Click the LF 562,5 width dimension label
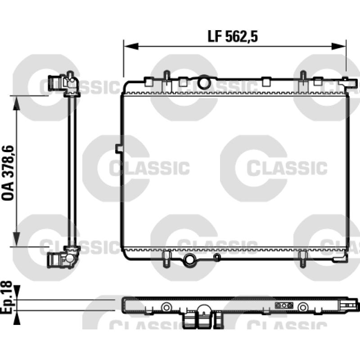pos(233,36)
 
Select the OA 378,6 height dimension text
pos(8,173)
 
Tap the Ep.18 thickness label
pos(6,297)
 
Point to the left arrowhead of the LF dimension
pos(131,46)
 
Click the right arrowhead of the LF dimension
pos(339,46)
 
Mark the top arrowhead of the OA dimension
pos(16,103)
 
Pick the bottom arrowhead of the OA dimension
pos(16,239)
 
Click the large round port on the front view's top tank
pos(204,82)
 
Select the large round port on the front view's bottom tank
pos(189,260)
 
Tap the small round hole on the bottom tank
pos(217,257)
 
